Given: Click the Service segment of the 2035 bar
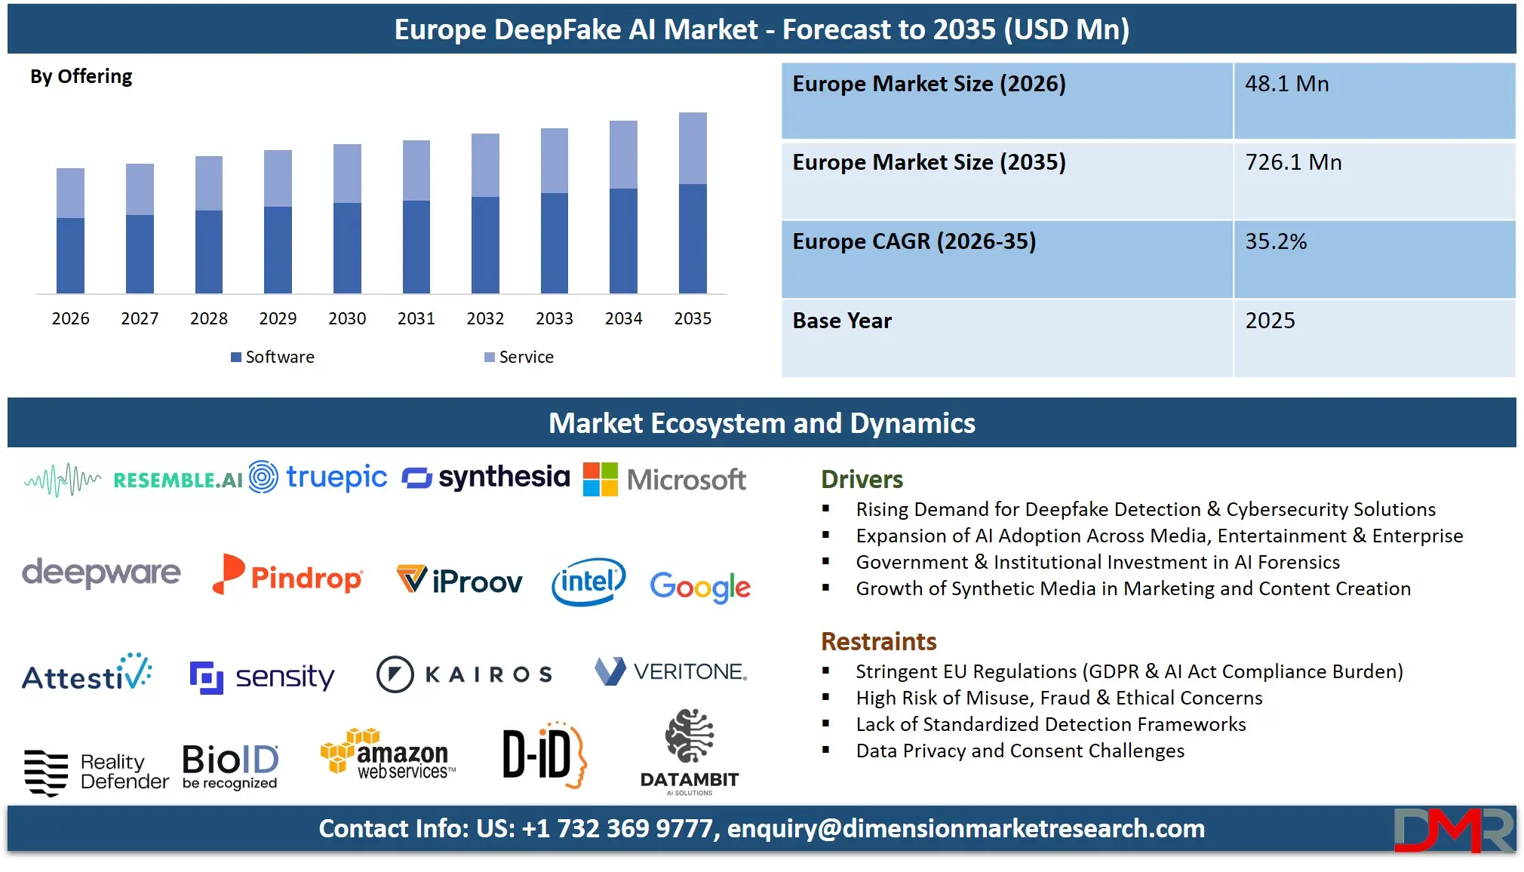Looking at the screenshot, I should click(x=693, y=149).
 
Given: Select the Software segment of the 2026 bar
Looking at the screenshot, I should click(x=70, y=255).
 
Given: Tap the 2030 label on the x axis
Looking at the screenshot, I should click(x=347, y=318).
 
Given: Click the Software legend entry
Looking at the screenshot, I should click(x=273, y=357).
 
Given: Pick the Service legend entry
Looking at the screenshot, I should click(x=519, y=357).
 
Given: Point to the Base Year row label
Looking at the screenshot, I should click(x=842, y=321).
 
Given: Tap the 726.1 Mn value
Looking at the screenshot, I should click(x=1293, y=162).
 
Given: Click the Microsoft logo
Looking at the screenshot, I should click(x=665, y=479).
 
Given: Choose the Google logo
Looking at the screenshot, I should click(x=700, y=587).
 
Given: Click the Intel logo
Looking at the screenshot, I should click(x=588, y=582).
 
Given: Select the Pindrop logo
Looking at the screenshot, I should click(x=288, y=576).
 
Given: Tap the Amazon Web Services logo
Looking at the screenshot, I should click(x=388, y=754).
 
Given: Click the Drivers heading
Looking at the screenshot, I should click(x=862, y=479).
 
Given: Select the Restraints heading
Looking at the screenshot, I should click(x=878, y=641).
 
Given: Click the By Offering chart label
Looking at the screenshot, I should click(x=81, y=76).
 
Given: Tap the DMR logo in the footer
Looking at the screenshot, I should click(x=1453, y=830).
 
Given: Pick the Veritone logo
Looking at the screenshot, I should click(x=671, y=671).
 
